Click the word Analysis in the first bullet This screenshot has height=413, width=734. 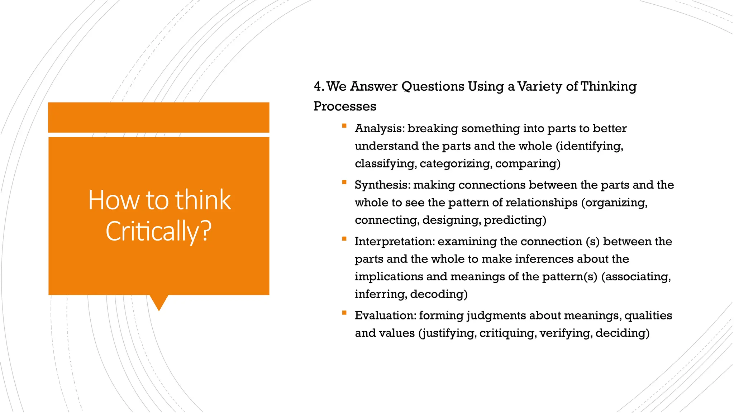click(379, 128)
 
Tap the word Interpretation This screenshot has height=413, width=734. click(394, 242)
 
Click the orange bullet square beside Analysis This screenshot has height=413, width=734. click(344, 125)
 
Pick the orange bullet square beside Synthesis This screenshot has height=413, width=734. click(344, 182)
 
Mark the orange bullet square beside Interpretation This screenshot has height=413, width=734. click(344, 239)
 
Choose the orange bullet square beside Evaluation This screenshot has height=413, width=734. click(344, 313)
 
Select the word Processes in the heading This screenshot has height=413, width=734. click(345, 106)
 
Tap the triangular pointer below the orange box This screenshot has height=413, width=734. click(159, 302)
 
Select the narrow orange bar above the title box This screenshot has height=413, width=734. click(159, 117)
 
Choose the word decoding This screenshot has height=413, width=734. click(439, 294)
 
